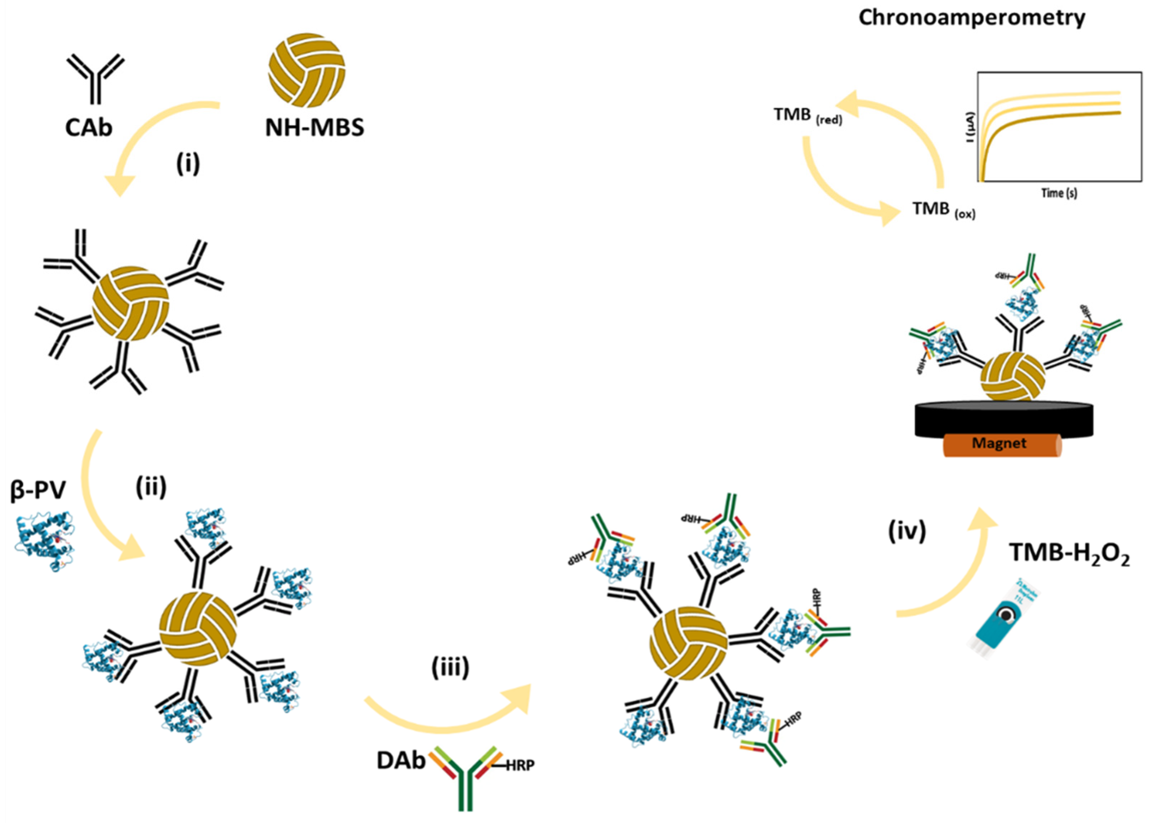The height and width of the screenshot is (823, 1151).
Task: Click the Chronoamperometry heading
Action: [971, 18]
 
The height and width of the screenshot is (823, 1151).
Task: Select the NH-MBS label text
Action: [315, 127]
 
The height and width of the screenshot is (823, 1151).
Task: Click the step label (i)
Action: [188, 164]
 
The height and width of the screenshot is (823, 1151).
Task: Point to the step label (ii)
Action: [151, 488]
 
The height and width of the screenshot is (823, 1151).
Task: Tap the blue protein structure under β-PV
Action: [45, 540]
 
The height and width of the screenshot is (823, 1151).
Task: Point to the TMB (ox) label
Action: [943, 210]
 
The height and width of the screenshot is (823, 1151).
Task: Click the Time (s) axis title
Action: [1059, 193]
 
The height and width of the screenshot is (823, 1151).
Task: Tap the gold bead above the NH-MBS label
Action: [306, 70]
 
